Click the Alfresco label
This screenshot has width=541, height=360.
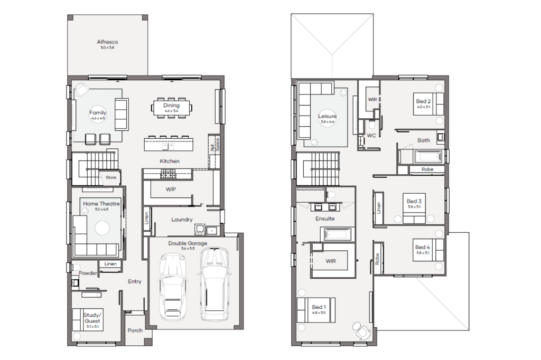coord(107,42)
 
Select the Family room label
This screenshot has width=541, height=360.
coord(98,113)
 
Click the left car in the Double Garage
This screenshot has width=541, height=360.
coord(172,286)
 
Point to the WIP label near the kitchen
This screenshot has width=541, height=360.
coord(171,188)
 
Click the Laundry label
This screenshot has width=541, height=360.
coord(182,220)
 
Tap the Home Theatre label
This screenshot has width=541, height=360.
coord(101,204)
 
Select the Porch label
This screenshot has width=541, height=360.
coord(135,330)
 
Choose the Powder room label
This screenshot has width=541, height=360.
coord(88,273)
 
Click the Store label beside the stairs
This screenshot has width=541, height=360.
coord(111,177)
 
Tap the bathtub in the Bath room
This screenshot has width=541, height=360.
coord(428,157)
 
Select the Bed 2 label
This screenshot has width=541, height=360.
coord(423,101)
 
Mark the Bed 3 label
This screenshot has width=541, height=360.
coord(414,201)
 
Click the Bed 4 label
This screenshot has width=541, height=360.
coord(423,247)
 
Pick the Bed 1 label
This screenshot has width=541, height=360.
coord(319,307)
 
